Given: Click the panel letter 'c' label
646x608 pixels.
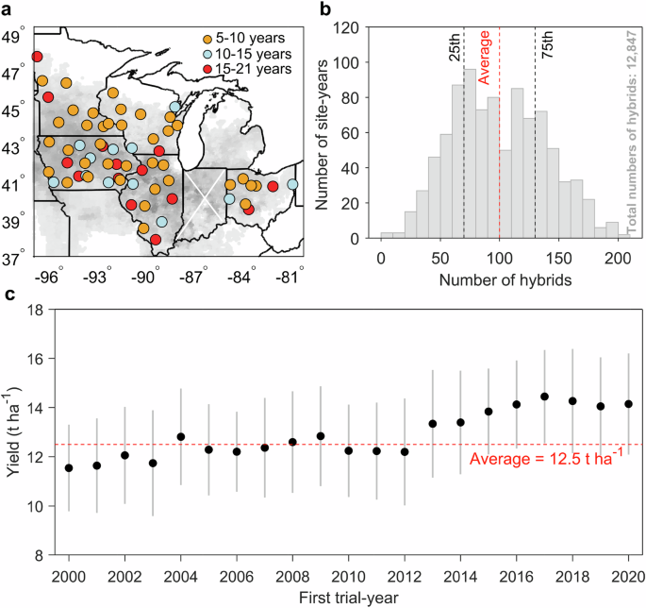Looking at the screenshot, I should click(x=8, y=293).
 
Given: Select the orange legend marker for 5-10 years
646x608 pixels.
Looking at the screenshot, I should click(x=209, y=38).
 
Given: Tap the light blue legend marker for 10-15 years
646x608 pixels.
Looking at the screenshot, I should click(x=209, y=53).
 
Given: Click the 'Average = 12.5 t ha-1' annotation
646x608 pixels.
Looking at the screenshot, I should click(x=552, y=460).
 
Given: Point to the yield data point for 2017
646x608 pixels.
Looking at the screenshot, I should click(x=544, y=397).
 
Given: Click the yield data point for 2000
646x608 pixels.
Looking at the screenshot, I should click(x=69, y=468).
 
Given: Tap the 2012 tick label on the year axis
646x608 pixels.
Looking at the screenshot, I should click(x=405, y=575).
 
